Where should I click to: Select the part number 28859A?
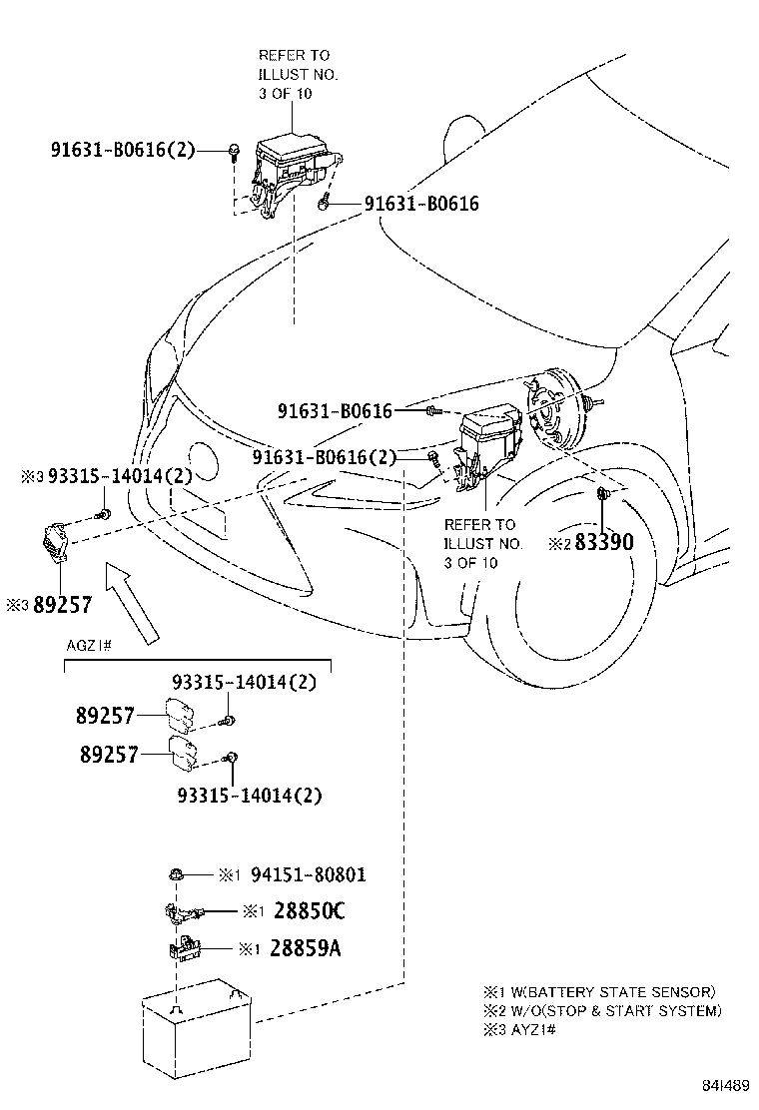[305, 947]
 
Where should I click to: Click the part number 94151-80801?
[308, 875]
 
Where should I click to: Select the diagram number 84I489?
[722, 1085]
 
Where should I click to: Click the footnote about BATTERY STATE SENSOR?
[599, 992]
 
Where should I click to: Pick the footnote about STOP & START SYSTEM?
[602, 1010]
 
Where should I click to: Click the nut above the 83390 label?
[604, 494]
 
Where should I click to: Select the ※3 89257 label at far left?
[50, 605]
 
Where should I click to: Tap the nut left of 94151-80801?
[176, 874]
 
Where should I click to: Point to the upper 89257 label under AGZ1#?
[107, 715]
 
